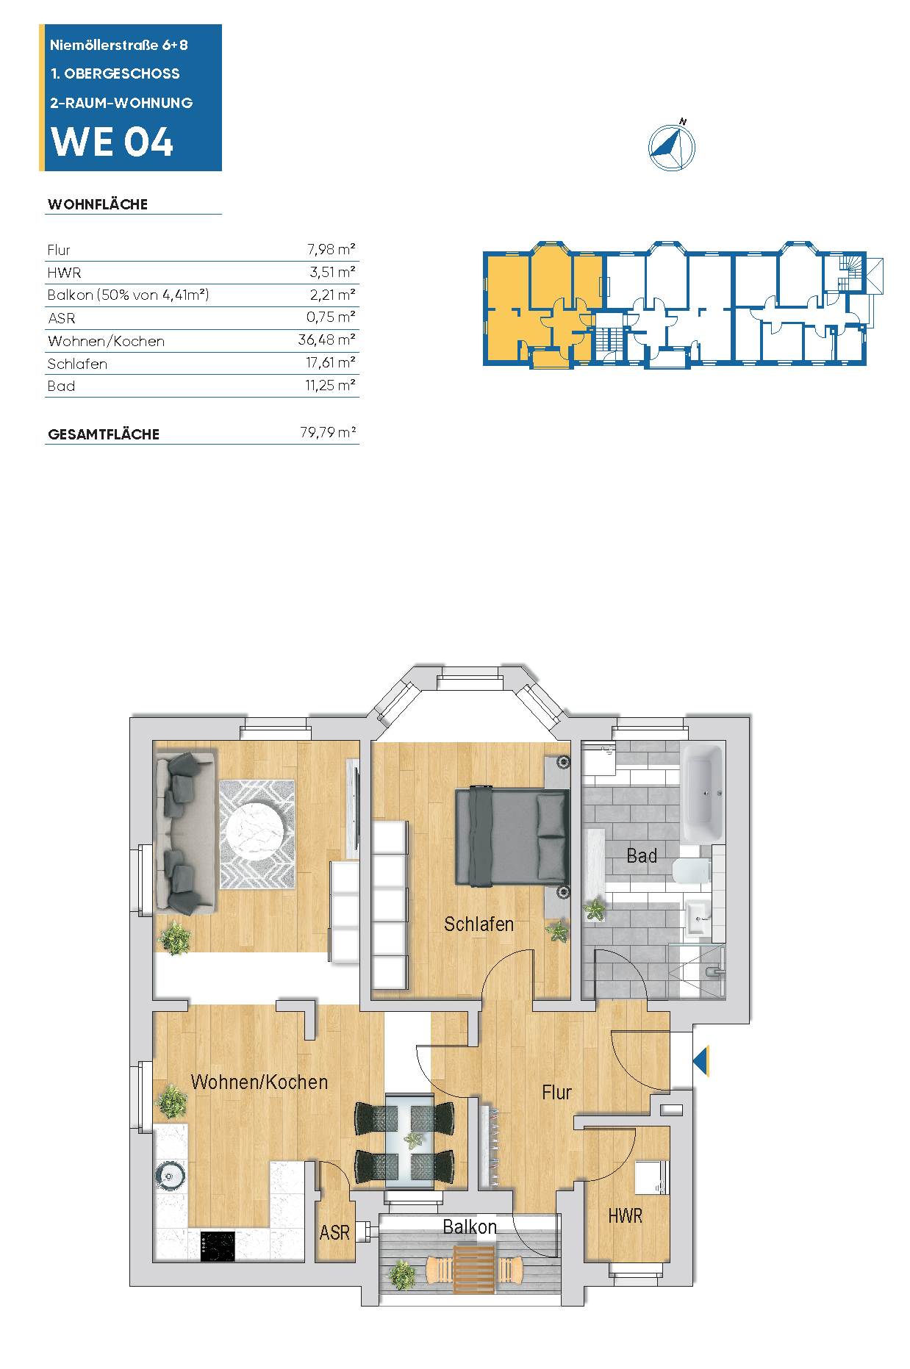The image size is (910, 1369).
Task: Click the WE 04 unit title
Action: (x=112, y=141)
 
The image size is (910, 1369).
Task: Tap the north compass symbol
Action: (x=671, y=146)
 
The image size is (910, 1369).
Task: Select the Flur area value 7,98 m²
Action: (x=332, y=250)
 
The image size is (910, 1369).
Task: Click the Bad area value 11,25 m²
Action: (x=331, y=386)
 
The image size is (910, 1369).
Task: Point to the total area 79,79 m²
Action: (x=328, y=432)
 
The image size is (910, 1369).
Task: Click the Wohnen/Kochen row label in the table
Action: (x=106, y=341)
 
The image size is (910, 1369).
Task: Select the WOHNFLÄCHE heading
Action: (x=98, y=204)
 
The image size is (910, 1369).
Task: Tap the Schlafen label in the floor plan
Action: (x=479, y=924)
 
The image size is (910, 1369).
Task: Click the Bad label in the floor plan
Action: (x=642, y=855)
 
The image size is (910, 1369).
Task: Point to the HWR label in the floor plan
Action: (x=626, y=1215)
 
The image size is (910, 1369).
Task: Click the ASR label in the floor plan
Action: (x=334, y=1232)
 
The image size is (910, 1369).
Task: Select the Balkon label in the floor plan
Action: (x=470, y=1226)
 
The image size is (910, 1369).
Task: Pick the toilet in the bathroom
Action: (x=691, y=871)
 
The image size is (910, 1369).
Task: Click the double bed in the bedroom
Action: (x=513, y=837)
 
